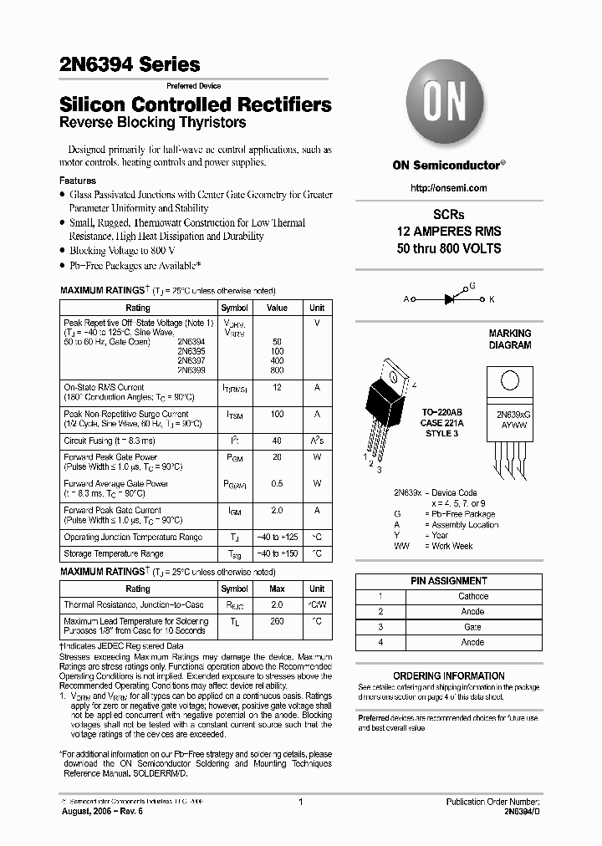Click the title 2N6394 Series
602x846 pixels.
point(130,64)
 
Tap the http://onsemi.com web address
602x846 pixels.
point(448,188)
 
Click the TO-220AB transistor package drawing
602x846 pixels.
point(392,401)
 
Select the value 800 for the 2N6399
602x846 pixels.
point(277,369)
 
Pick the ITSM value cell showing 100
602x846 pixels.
point(277,414)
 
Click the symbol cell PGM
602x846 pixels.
point(234,457)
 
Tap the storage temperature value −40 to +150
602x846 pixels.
point(277,553)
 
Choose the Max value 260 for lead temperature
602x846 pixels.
point(277,621)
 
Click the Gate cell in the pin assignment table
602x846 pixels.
point(472,627)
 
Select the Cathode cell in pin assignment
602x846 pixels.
point(472,596)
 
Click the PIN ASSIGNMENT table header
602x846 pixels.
point(448,580)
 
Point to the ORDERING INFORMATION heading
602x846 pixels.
point(448,675)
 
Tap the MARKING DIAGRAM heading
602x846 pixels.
point(509,339)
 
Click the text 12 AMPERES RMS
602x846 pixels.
point(448,232)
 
